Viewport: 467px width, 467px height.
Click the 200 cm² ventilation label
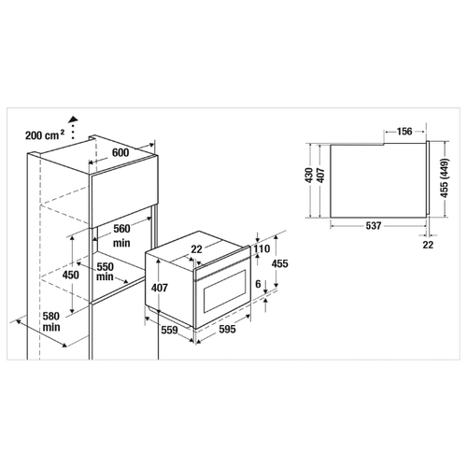pyautogui.click(x=45, y=135)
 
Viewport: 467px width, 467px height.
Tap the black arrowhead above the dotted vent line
pyautogui.click(x=74, y=119)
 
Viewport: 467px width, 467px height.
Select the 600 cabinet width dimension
pyautogui.click(x=120, y=152)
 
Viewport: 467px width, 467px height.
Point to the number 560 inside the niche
pyautogui.click(x=121, y=229)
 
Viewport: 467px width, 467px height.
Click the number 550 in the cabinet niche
pyautogui.click(x=106, y=267)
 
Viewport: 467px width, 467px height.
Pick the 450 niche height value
pyautogui.click(x=71, y=275)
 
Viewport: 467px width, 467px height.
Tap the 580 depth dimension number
pyautogui.click(x=51, y=317)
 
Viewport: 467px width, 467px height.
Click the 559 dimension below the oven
pyautogui.click(x=169, y=330)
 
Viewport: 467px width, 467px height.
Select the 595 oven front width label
pyautogui.click(x=227, y=329)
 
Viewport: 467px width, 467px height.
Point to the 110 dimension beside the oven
pyautogui.click(x=262, y=248)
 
